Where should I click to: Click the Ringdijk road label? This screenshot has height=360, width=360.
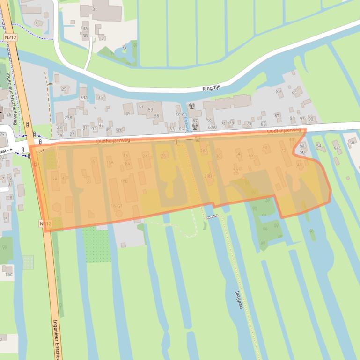(x=214, y=88)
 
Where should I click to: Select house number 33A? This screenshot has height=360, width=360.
(x=84, y=97)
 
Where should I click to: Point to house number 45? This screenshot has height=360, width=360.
(x=127, y=113)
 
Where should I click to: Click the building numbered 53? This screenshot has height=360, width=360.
(x=150, y=110)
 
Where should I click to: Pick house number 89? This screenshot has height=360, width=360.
(x=279, y=91)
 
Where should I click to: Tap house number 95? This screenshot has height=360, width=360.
(x=294, y=93)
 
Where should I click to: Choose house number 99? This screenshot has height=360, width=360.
(x=310, y=119)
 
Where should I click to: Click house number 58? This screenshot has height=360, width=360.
(x=352, y=143)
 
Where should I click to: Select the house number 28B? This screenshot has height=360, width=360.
(x=208, y=176)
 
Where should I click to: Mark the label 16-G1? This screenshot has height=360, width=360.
(x=117, y=206)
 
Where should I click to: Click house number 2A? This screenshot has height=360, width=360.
(x=55, y=179)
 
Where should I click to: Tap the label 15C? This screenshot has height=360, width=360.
(x=9, y=274)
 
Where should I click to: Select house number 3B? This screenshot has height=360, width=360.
(x=85, y=36)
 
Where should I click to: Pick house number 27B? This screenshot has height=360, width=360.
(x=68, y=117)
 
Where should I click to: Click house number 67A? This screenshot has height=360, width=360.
(x=212, y=127)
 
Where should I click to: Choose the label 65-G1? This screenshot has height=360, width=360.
(x=181, y=114)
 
